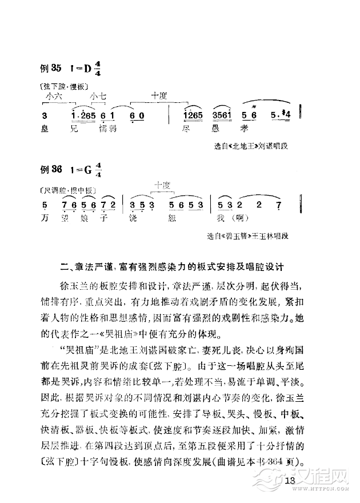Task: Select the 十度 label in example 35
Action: (159, 96)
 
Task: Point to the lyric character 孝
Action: (247, 130)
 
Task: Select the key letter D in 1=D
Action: (87, 69)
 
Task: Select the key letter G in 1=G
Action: (87, 170)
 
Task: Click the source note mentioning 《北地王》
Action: (250, 146)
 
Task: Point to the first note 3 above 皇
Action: (45, 116)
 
